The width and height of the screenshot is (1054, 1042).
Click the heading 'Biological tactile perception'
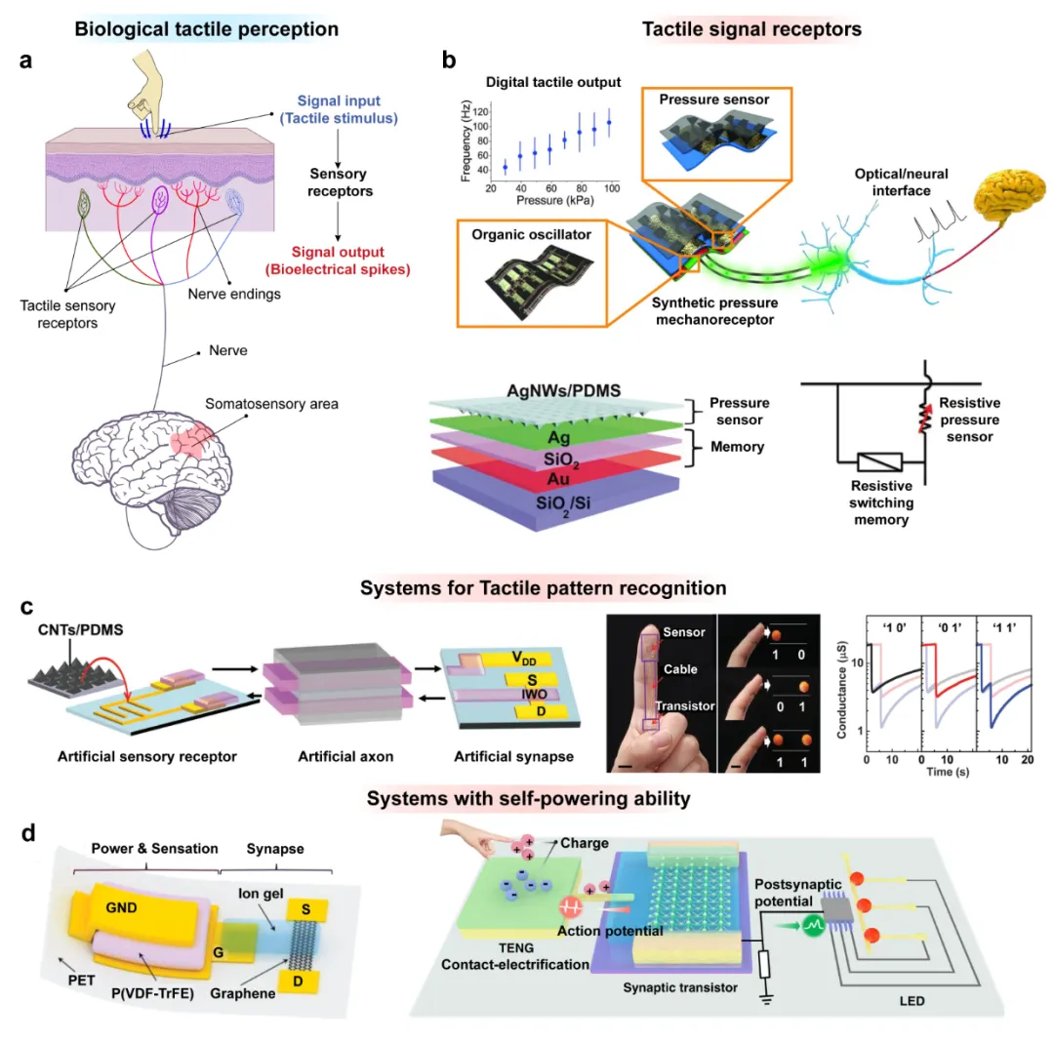click(207, 29)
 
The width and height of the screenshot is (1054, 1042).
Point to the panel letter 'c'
click(29, 608)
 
